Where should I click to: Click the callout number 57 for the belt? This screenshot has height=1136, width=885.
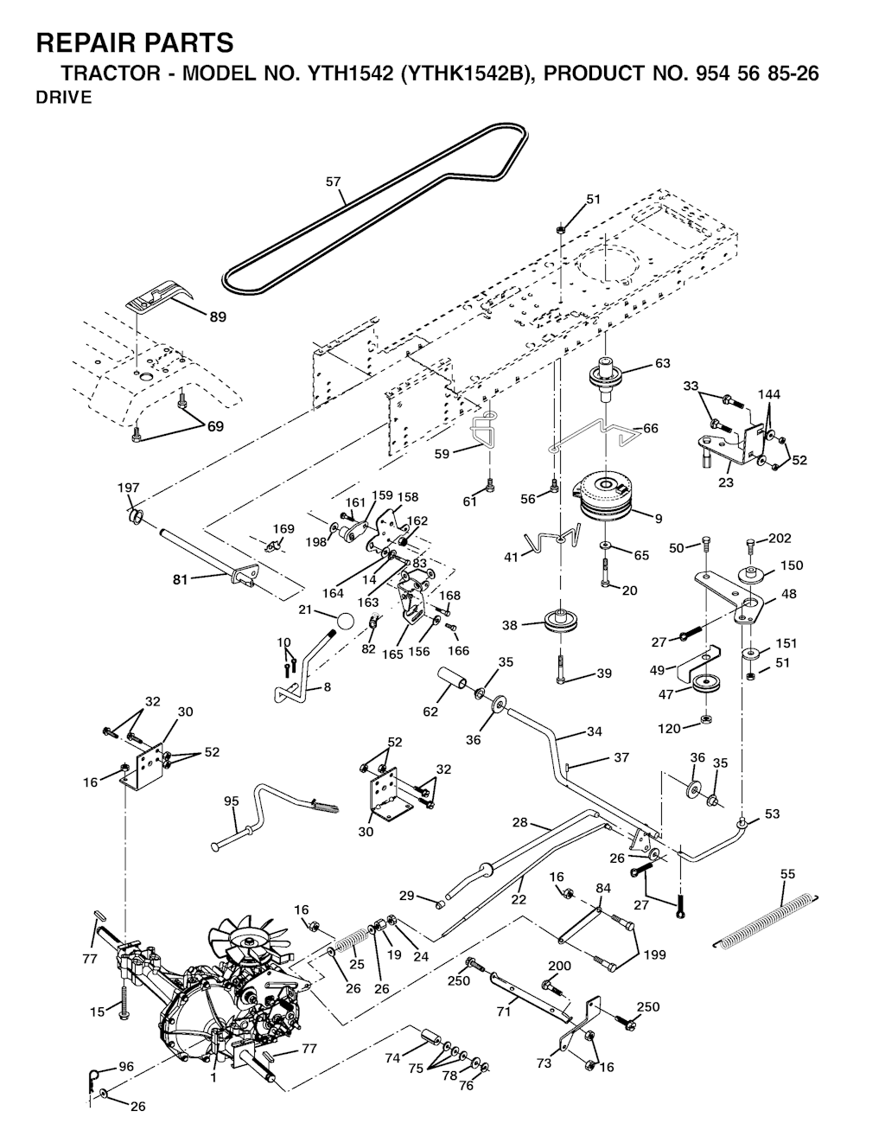click(333, 182)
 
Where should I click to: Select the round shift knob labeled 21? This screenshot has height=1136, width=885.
click(345, 622)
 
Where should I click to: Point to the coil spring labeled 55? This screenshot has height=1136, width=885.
click(766, 919)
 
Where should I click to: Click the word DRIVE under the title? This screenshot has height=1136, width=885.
click(63, 98)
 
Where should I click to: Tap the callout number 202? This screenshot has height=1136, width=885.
click(779, 539)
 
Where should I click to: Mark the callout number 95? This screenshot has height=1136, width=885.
click(231, 801)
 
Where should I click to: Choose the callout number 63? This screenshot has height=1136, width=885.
click(662, 363)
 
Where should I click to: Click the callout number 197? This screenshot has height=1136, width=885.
click(128, 488)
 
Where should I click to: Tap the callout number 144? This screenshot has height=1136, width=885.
click(768, 394)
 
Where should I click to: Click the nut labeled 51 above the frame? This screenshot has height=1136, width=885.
click(560, 230)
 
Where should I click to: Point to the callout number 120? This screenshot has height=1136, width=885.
click(669, 729)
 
